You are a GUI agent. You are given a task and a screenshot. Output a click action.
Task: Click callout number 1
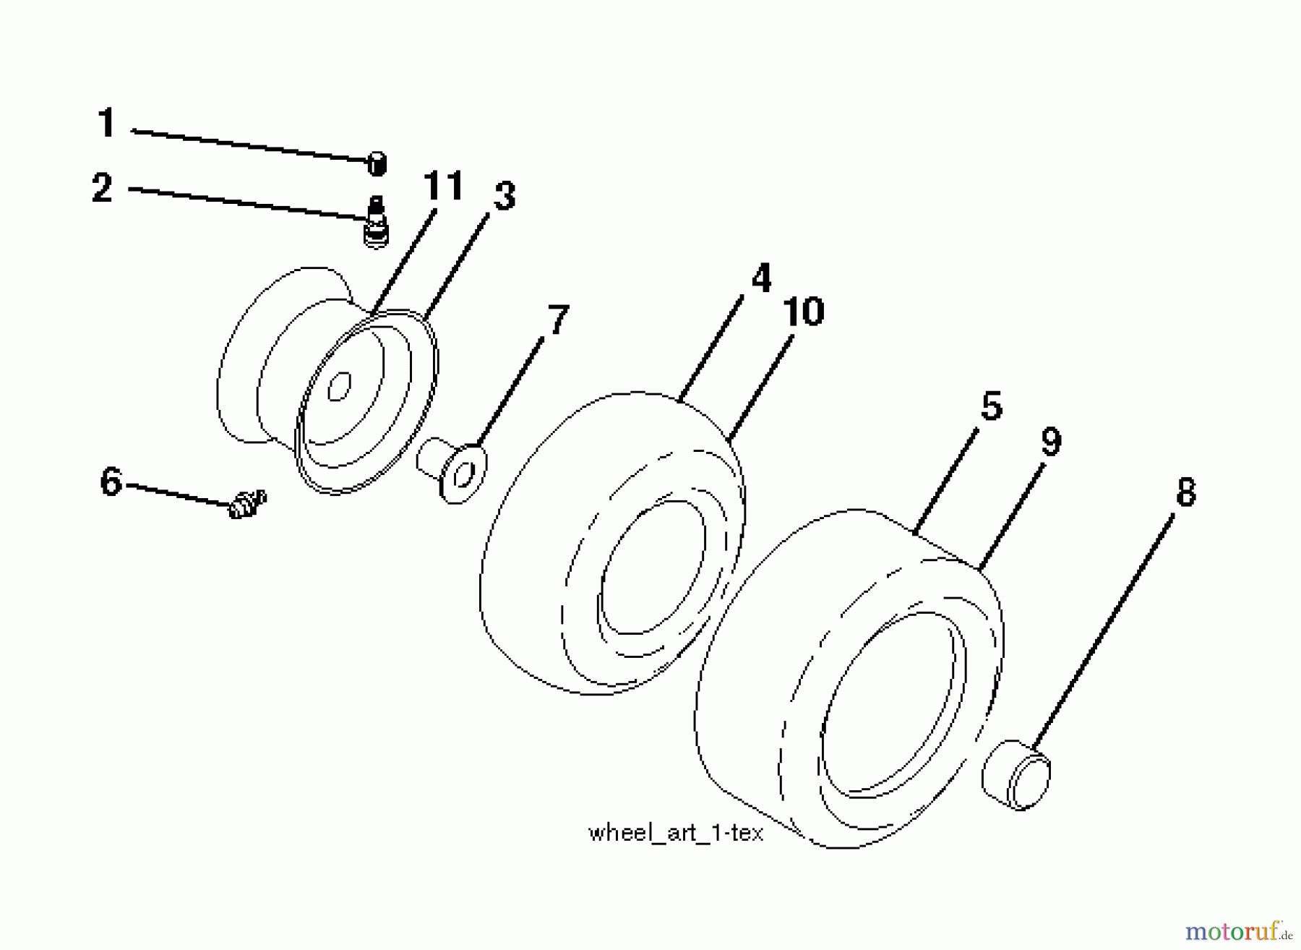[106, 123]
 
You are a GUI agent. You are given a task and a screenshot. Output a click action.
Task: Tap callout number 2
[103, 188]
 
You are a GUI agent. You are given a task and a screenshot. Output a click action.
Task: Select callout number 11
[443, 186]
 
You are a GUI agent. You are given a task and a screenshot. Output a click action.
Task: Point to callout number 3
[504, 197]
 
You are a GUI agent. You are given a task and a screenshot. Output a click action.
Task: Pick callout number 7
[558, 320]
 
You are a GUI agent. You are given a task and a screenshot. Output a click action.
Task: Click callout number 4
[761, 278]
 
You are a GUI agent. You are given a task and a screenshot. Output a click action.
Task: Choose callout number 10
[804, 312]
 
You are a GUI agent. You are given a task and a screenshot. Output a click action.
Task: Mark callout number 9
[1051, 442]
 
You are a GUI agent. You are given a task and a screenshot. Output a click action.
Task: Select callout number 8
[1186, 492]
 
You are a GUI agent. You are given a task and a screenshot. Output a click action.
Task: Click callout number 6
[111, 482]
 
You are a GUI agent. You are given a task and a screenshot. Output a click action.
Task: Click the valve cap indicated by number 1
[377, 164]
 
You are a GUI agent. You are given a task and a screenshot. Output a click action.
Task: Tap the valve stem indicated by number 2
[376, 222]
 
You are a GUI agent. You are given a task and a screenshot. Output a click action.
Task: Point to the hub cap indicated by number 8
[1016, 774]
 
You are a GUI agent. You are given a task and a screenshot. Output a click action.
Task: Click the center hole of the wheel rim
[339, 386]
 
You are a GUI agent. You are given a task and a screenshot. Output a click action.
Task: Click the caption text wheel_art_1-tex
[676, 834]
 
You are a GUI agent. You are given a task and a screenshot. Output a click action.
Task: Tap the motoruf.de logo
[1239, 930]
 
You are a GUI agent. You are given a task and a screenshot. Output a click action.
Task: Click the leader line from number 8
[1103, 633]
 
